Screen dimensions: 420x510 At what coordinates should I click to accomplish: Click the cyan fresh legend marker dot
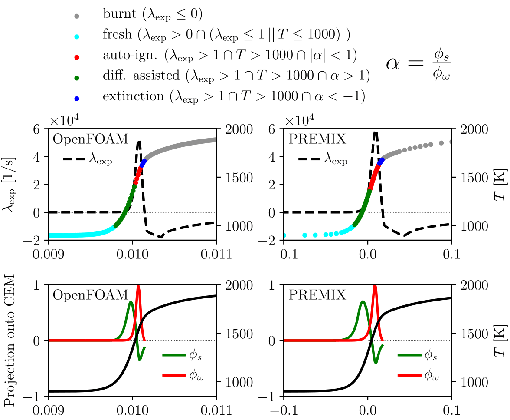click(77, 36)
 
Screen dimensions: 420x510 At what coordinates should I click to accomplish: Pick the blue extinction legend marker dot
click(77, 98)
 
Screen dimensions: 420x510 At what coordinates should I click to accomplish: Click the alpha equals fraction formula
click(419, 67)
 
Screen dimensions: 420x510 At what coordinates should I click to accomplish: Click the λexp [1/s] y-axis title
click(10, 184)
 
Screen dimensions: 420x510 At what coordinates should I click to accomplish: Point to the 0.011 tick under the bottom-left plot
click(216, 410)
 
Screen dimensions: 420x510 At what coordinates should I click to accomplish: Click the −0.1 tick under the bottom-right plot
click(284, 410)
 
